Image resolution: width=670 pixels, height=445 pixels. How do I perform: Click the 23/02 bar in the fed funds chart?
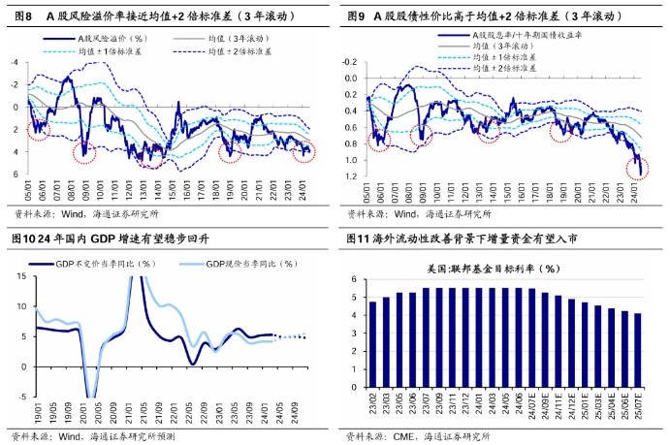(x=372, y=338)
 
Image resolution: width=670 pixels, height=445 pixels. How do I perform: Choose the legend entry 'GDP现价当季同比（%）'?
(x=240, y=263)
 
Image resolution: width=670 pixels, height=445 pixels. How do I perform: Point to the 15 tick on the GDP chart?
(x=21, y=277)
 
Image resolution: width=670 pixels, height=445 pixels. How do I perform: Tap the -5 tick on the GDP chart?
(x=21, y=397)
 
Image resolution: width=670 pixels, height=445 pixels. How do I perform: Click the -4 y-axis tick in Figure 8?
(x=14, y=62)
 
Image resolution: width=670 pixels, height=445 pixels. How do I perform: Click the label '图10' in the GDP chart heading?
(x=22, y=238)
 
